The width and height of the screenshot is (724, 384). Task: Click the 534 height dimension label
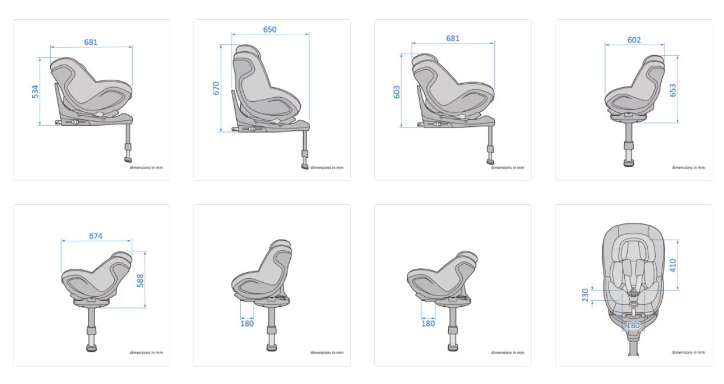point(35,92)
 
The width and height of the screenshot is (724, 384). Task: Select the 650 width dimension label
point(270,30)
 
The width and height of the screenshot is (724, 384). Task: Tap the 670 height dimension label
point(216,88)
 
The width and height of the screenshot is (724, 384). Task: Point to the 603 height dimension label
point(396,92)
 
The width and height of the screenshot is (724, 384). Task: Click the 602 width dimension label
point(634,40)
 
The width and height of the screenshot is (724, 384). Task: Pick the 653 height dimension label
point(673,90)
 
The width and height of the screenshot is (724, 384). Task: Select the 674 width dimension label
point(96,236)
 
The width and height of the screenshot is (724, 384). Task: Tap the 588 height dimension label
point(140,280)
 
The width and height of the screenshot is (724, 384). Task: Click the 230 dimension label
point(585,295)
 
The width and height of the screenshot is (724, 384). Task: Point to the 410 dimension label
point(673,265)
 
